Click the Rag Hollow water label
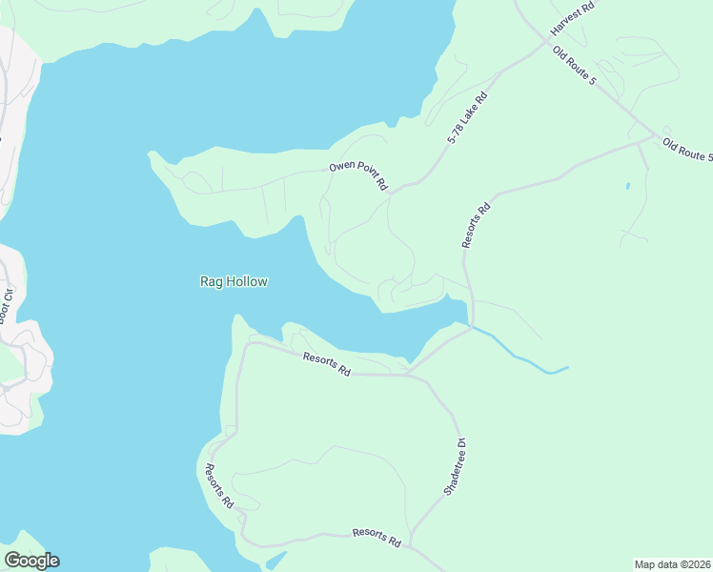(x=234, y=281)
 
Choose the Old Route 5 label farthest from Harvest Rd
(x=687, y=151)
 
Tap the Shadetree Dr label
(x=454, y=465)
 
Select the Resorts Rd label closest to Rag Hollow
(x=327, y=364)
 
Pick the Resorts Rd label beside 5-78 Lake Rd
(x=476, y=225)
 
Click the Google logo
(x=31, y=561)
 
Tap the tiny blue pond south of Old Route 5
(x=627, y=186)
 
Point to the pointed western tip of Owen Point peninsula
(x=150, y=153)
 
